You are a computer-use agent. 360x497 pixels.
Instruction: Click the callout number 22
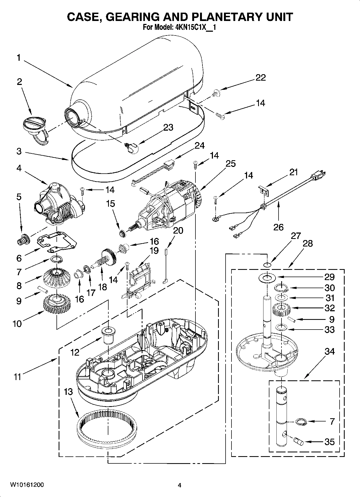pos(260,77)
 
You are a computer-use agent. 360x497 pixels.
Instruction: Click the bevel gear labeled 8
pos(57,278)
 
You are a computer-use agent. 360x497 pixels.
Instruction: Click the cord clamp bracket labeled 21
pos(264,190)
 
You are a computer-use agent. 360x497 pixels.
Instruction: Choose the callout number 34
pos(329,352)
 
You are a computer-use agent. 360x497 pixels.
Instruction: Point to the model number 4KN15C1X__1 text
pos(193,27)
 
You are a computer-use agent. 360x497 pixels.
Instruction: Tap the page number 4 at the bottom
pos(179,485)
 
